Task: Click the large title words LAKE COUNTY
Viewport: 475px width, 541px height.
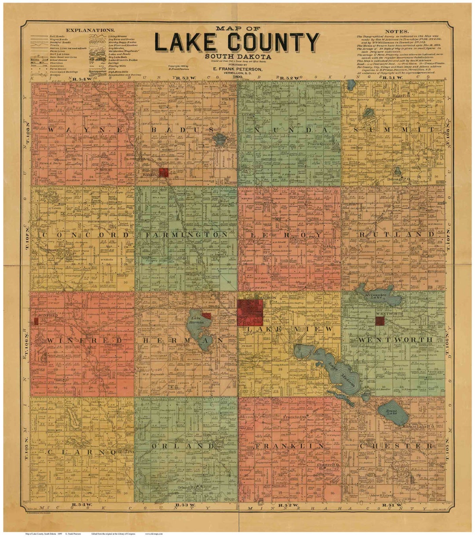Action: pyautogui.click(x=236, y=42)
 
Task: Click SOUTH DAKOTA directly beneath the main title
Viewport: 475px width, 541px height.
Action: pyautogui.click(x=237, y=56)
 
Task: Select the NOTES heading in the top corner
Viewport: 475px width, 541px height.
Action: pyautogui.click(x=396, y=32)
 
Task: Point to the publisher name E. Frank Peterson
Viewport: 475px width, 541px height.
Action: pyautogui.click(x=237, y=69)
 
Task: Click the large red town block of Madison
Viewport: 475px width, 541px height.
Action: pyautogui.click(x=250, y=312)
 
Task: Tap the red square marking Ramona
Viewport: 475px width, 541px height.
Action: pyautogui.click(x=164, y=172)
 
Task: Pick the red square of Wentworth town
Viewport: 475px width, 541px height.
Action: pyautogui.click(x=380, y=321)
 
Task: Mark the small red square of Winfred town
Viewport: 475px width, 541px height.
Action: pyautogui.click(x=36, y=322)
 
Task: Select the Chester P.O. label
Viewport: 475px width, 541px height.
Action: pyautogui.click(x=328, y=464)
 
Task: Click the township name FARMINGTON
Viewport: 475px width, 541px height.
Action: pyautogui.click(x=185, y=235)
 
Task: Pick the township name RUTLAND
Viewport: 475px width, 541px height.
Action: pyautogui.click(x=396, y=234)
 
